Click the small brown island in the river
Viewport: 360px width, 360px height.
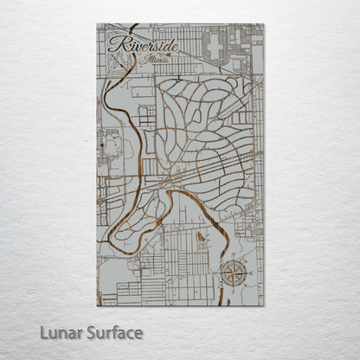201,235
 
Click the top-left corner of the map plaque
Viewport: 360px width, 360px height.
97,23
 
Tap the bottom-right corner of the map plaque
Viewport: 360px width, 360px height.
264,305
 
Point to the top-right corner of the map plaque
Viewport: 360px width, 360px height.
264,23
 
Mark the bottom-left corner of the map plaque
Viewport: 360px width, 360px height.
97,305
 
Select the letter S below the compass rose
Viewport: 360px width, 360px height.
232,291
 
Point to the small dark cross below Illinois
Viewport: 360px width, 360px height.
177,77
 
